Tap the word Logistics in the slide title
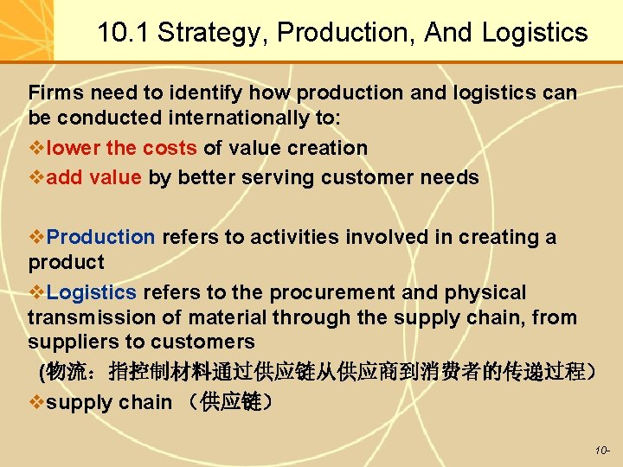[535, 34]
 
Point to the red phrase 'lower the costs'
[122, 148]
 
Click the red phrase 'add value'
[93, 177]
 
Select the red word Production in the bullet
[100, 237]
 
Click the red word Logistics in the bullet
[91, 292]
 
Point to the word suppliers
[67, 342]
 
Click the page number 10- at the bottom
[602, 451]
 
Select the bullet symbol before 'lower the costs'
[36, 148]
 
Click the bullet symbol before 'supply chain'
[36, 403]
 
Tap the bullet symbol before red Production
[36, 237]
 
